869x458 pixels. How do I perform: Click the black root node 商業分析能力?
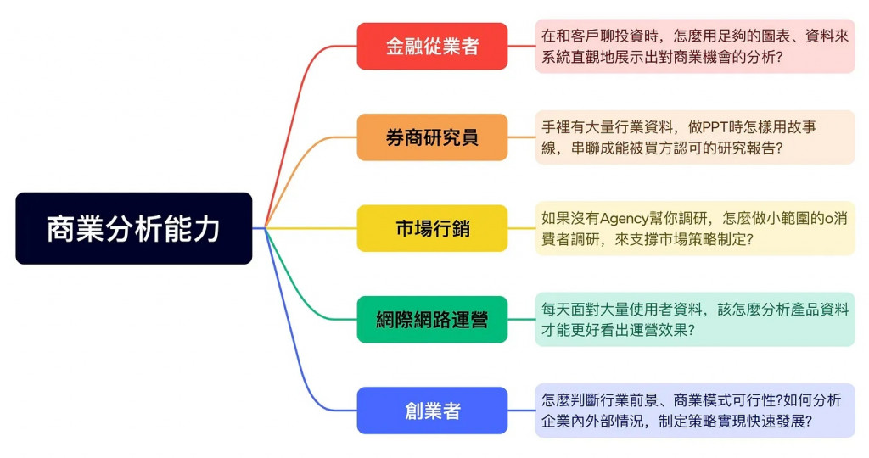point(133,228)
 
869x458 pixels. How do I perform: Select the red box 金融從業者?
point(432,46)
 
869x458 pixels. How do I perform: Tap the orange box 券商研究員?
point(432,137)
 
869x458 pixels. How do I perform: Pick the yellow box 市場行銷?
point(432,228)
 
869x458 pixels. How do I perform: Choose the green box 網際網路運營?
point(432,319)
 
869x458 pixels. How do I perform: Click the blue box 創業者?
point(432,411)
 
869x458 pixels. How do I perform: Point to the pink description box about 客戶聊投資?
point(694,46)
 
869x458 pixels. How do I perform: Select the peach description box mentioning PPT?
point(694,137)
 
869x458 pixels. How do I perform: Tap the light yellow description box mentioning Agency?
point(694,228)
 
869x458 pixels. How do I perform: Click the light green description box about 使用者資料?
point(694,319)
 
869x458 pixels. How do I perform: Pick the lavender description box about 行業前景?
point(694,411)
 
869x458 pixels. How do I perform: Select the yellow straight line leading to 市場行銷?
point(314,228)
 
